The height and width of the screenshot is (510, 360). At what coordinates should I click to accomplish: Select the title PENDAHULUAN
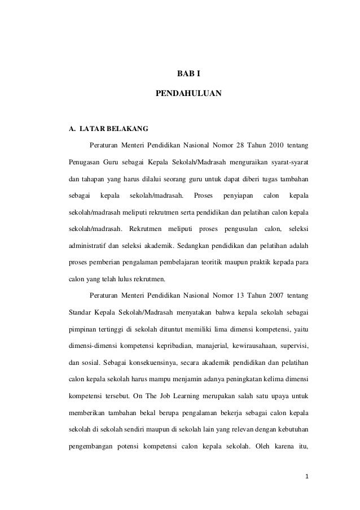click(188, 91)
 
